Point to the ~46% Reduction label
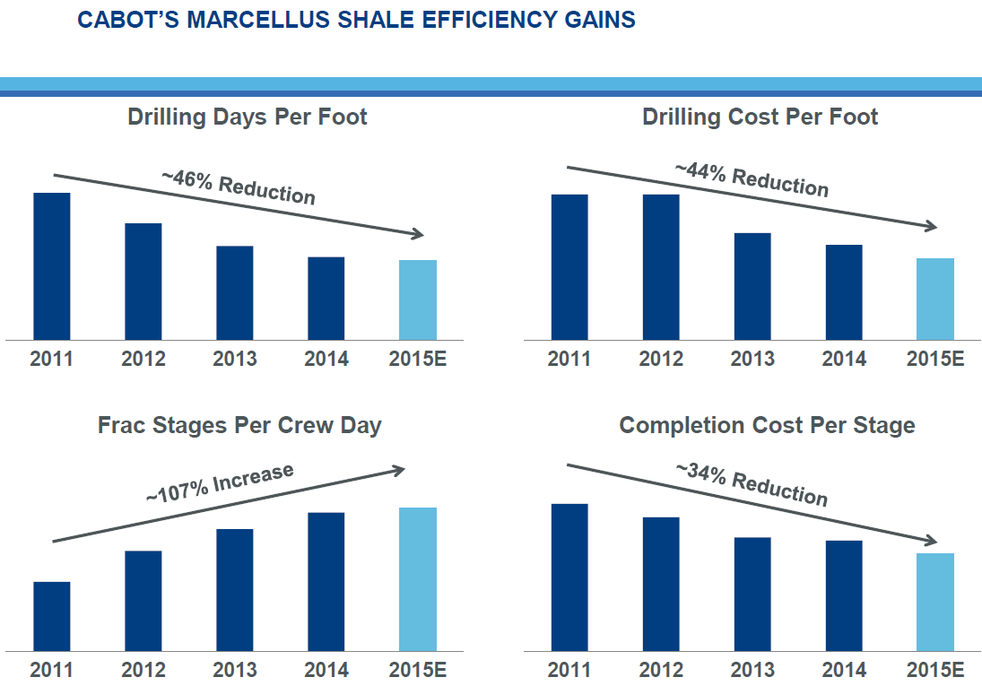pyautogui.click(x=239, y=185)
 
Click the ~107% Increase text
pyautogui.click(x=220, y=482)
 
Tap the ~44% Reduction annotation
pyautogui.click(x=752, y=178)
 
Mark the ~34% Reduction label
pyautogui.click(x=752, y=484)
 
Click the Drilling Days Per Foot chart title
pyautogui.click(x=248, y=117)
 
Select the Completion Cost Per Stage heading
pyautogui.click(x=767, y=425)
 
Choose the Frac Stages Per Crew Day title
pyautogui.click(x=239, y=425)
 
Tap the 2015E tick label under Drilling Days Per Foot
pyautogui.click(x=418, y=360)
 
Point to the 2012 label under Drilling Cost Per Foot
pyautogui.click(x=661, y=360)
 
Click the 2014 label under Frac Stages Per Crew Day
pyautogui.click(x=326, y=670)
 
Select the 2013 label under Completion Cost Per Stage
pyautogui.click(x=752, y=670)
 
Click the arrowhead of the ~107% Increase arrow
pyautogui.click(x=401, y=468)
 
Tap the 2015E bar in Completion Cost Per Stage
pyautogui.click(x=935, y=601)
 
